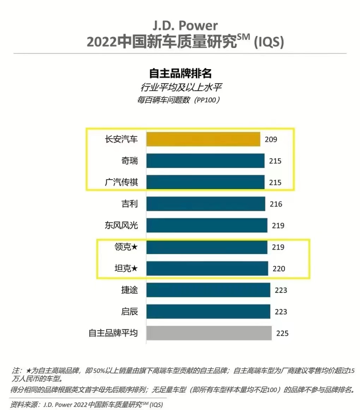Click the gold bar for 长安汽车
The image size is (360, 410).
pos(203,139)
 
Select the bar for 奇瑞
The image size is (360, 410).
pos(205,161)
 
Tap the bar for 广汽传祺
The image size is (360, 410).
pos(205,182)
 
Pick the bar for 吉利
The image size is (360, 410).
pos(205,204)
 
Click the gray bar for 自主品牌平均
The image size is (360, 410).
pos(209,333)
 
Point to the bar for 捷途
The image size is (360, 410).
pos(208,290)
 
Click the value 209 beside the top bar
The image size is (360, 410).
pos(271,140)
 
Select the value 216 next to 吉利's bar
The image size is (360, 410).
pos(276,205)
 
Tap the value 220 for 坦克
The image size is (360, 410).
pos(278,269)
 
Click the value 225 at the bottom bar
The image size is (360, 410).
pos(282,333)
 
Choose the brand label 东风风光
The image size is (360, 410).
pos(121,225)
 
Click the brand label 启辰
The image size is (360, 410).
pos(129,312)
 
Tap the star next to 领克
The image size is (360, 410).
pos(135,247)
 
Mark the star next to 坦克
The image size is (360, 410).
pos(135,269)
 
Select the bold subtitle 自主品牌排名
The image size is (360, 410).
pos(180,73)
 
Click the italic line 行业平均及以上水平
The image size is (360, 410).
pos(180,87)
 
